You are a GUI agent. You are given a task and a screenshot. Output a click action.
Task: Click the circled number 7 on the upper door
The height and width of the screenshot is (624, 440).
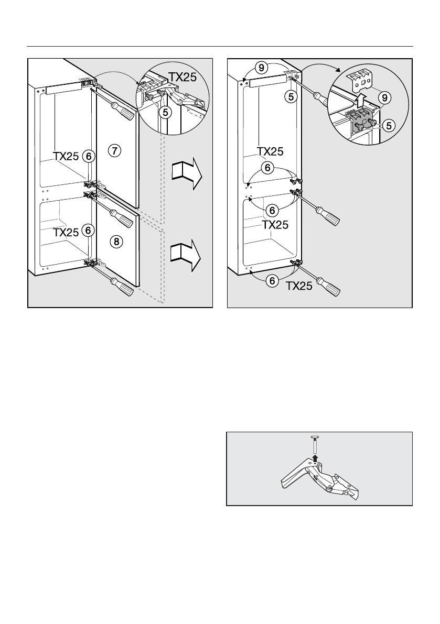click(115, 151)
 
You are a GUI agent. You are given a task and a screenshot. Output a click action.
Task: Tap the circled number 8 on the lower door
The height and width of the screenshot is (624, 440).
click(115, 241)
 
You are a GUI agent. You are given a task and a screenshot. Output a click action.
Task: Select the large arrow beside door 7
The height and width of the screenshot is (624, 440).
click(186, 173)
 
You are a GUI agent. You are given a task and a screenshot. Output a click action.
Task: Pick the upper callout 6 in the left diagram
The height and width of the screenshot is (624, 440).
click(89, 156)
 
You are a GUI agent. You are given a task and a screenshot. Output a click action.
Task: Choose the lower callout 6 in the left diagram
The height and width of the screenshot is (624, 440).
click(89, 230)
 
